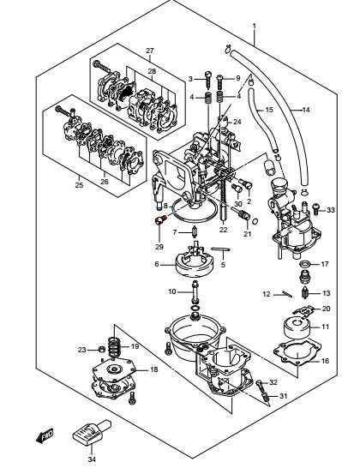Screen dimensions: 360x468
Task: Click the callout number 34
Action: click(x=92, y=459)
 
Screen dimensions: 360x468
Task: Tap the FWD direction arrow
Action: click(x=45, y=435)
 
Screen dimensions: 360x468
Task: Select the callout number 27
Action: click(x=149, y=51)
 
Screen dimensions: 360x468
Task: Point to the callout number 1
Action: click(x=254, y=26)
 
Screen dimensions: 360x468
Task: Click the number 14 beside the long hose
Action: click(x=306, y=110)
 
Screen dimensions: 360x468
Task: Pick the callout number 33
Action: click(x=331, y=210)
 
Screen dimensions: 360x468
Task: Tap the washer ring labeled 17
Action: click(x=305, y=264)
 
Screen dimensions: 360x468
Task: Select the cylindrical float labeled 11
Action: click(x=297, y=327)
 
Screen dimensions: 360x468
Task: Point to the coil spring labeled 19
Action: click(x=114, y=347)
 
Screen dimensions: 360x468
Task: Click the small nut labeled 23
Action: click(x=101, y=349)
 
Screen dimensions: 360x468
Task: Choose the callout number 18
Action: click(x=153, y=369)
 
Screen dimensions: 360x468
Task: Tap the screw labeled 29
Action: click(x=160, y=221)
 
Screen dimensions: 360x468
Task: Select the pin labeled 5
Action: click(x=220, y=249)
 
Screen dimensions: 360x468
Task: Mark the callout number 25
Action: click(x=79, y=185)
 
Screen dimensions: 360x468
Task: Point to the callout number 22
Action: click(x=223, y=230)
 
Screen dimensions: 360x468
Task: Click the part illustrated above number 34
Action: click(x=93, y=433)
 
